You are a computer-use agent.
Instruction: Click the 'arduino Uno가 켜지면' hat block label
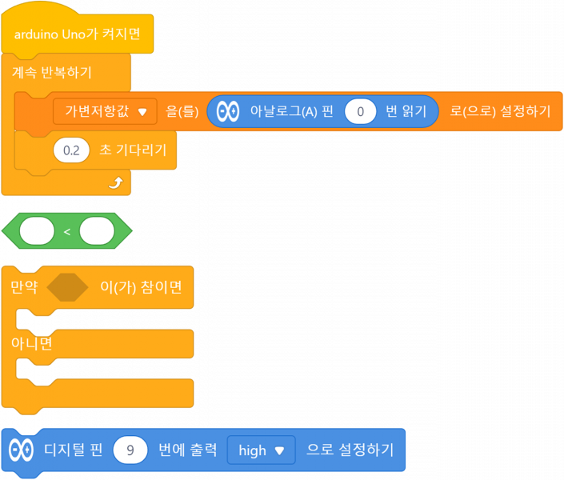pos(78,34)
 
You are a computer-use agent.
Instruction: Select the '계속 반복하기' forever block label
pos(52,73)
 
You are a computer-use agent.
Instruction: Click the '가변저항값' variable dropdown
pos(105,112)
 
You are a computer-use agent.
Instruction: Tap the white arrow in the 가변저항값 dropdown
pos(142,113)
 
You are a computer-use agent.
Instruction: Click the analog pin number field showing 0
pos(361,112)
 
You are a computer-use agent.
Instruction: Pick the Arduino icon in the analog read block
pos(228,112)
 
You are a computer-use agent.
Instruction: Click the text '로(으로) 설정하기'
pos(500,112)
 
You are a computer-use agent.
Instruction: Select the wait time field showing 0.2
pos(71,150)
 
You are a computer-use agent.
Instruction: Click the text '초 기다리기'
pos(132,150)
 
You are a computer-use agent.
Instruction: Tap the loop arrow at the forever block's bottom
pos(116,183)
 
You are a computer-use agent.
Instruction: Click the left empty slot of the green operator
pos(37,231)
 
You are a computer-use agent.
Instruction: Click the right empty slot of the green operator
pos(97,231)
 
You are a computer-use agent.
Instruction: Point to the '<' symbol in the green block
pos(66,231)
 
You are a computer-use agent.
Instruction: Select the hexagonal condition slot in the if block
pos(67,287)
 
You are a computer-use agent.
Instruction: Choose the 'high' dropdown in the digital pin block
pos(261,450)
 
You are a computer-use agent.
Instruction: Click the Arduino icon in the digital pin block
pos(21,450)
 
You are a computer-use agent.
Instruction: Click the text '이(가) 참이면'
pos(140,287)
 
